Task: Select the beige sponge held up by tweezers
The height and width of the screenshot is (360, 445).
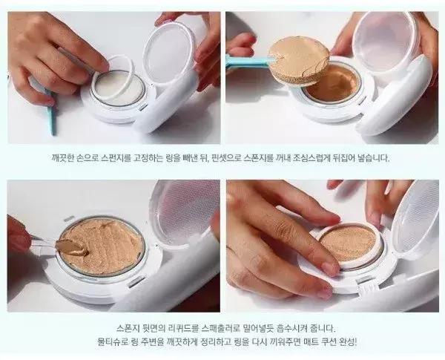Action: coord(298,61)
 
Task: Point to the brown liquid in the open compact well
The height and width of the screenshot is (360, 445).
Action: coord(332,83)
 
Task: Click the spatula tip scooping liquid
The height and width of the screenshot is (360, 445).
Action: coord(71,246)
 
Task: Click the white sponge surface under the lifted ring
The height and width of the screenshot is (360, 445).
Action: coord(116,87)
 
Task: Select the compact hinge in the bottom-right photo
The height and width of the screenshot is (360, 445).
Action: coord(369,287)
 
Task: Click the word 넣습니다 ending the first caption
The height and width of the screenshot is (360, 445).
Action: coord(374,158)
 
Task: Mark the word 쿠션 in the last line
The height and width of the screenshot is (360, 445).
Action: coord(329,342)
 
